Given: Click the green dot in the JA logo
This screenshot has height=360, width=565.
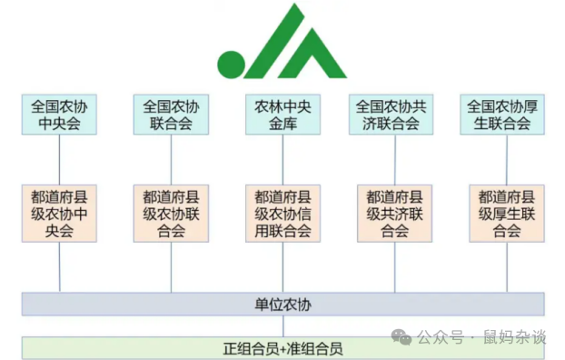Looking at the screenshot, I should click(230, 65).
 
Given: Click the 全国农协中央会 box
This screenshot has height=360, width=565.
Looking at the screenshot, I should click(60, 115).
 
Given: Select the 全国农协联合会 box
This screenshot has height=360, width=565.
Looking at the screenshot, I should click(171, 115).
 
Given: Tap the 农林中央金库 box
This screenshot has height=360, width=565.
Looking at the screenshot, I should click(282, 115).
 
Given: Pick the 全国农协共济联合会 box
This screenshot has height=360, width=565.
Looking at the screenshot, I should click(393, 115).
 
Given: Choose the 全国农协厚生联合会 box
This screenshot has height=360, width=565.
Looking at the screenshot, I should click(505, 115).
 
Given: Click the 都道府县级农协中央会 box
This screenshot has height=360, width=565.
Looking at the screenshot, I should click(60, 214).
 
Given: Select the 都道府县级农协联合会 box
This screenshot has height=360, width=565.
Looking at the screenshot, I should click(171, 214).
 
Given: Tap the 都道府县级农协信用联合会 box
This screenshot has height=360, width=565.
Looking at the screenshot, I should click(282, 214).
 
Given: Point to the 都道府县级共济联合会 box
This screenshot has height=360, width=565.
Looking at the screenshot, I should click(393, 214).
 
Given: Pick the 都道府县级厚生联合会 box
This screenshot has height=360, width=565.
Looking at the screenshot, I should click(505, 214).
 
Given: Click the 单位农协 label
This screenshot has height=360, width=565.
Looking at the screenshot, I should click(282, 304).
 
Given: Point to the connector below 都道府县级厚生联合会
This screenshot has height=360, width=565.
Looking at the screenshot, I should click(505, 267).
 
